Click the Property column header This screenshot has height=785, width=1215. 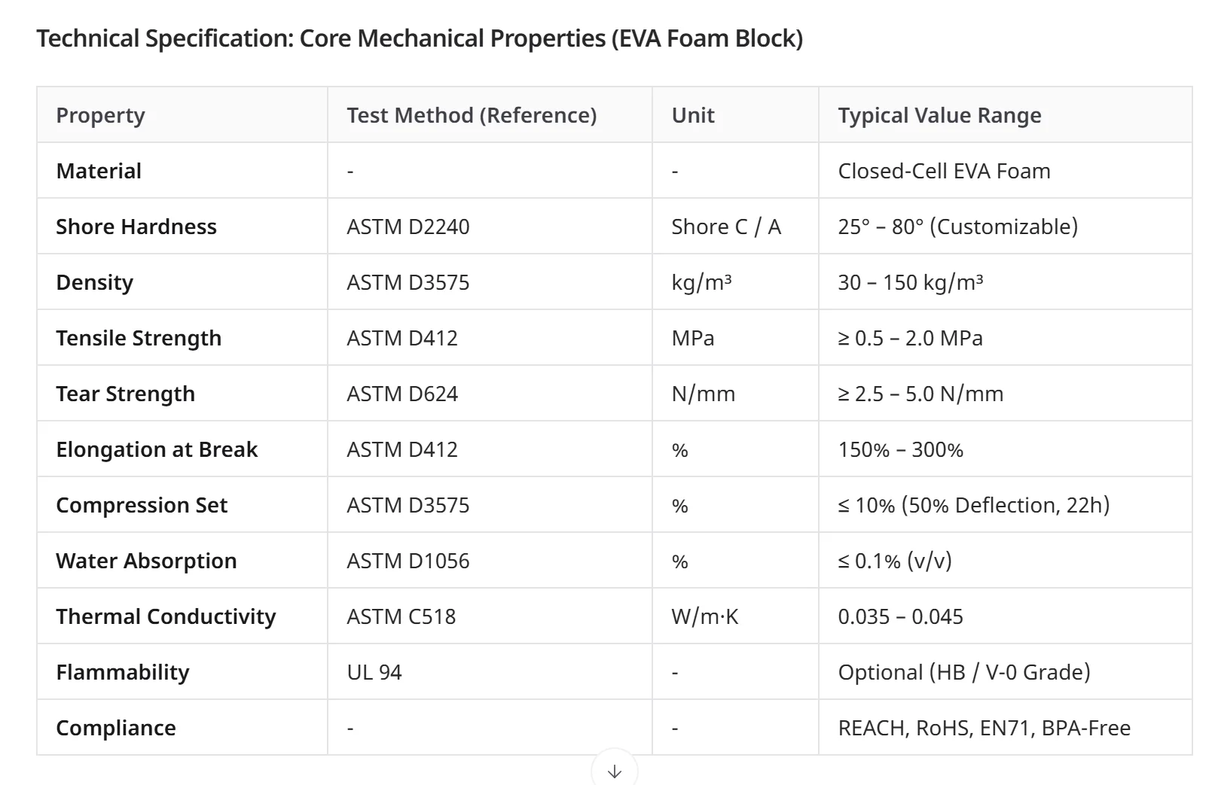[100, 115]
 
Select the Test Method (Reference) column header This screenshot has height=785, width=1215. [472, 115]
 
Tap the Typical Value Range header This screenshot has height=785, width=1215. [939, 115]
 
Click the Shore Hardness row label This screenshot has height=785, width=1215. [136, 227]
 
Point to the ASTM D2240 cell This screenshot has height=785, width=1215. [408, 227]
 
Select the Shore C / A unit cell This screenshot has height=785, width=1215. [726, 227]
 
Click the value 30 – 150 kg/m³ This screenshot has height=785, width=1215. [910, 282]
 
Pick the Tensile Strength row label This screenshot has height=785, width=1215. [139, 338]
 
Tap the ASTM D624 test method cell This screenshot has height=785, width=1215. [402, 394]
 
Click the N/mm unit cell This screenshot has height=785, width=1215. [703, 394]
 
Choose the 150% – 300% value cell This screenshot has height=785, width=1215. [900, 450]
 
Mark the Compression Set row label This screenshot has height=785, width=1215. [142, 505]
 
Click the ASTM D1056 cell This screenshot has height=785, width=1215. [408, 561]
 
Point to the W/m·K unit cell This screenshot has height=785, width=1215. [704, 617]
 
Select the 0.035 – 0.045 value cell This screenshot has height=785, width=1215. [900, 617]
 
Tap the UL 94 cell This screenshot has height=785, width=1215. [374, 673]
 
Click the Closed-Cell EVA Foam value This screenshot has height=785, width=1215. [944, 172]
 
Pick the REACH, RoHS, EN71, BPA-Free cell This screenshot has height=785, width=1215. [984, 728]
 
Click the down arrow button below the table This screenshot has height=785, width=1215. [614, 771]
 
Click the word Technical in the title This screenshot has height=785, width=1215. [88, 39]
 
